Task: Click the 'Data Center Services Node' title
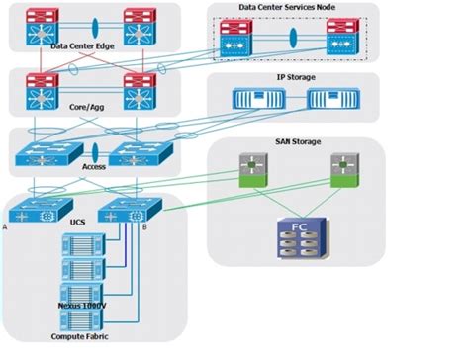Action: pyautogui.click(x=294, y=8)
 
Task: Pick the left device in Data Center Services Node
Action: pyautogui.click(x=237, y=40)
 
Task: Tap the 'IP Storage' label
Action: pyautogui.click(x=292, y=75)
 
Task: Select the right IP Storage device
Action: pyautogui.click(x=329, y=99)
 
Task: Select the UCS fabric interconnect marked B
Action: pyautogui.click(x=124, y=212)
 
